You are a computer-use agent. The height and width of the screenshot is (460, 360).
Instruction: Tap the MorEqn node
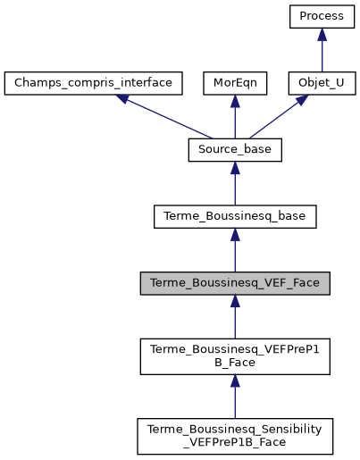235,84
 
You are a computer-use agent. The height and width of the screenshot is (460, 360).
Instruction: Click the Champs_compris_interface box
94,84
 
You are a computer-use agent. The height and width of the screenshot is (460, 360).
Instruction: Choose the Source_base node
235,150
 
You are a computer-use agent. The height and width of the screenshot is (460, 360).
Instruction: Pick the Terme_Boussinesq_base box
235,216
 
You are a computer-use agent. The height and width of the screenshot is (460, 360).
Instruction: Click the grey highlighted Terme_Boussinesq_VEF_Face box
235,283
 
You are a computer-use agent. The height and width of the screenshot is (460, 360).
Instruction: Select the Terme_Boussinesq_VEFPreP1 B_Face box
235,355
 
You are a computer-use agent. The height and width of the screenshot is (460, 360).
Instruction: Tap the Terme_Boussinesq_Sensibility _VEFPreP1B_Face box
235,435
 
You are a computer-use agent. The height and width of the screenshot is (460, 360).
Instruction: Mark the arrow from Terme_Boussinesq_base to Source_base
235,184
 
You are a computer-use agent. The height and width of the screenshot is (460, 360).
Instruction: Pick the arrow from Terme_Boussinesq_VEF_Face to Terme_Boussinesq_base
235,251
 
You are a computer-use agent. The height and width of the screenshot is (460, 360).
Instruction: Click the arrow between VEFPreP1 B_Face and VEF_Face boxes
235,318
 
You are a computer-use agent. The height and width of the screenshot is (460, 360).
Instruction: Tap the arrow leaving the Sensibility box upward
235,397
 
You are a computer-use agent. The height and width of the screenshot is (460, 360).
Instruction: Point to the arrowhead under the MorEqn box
235,102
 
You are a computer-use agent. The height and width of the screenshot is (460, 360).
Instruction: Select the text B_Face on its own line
235,363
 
